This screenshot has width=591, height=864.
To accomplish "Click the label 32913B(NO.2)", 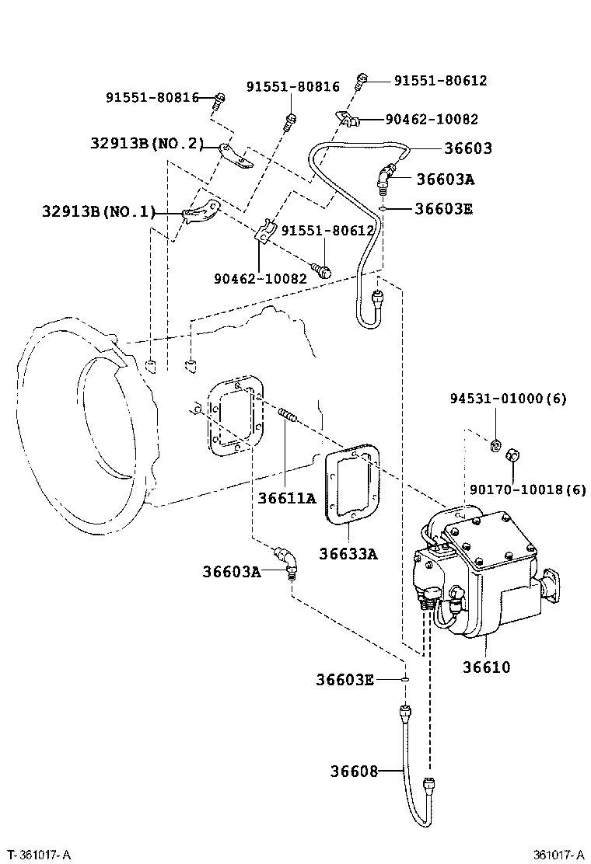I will tap(146, 143).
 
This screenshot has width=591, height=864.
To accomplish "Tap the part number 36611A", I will tap(287, 498).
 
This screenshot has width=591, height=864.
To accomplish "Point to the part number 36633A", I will tap(348, 553).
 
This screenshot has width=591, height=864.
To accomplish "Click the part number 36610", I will tap(487, 667).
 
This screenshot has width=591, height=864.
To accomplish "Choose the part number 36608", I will tap(354, 771).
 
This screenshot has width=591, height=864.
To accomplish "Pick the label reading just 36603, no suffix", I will tap(468, 148).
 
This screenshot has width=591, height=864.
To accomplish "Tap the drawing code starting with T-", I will tap(39, 855).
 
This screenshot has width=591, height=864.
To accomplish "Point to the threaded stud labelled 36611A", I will tap(288, 416).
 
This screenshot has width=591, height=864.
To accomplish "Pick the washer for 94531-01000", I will tap(493, 444).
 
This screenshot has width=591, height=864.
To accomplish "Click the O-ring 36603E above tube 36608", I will tap(406, 679).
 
